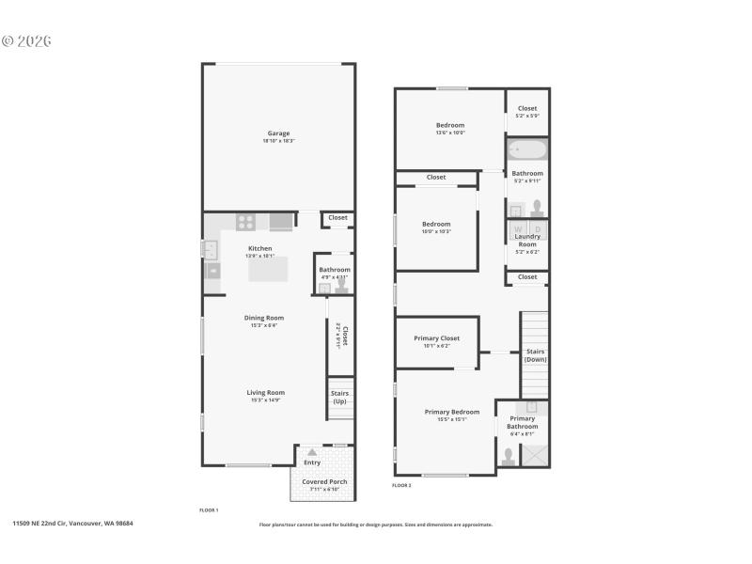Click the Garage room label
pyautogui.click(x=278, y=133)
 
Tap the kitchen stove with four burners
pyautogui.click(x=245, y=223)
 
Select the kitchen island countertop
pyautogui.click(x=269, y=270)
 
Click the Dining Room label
pyautogui.click(x=264, y=318)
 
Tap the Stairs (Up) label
pyautogui.click(x=339, y=397)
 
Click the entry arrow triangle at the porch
pyautogui.click(x=311, y=452)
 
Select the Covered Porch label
pyautogui.click(x=324, y=481)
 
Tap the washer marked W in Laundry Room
pyautogui.click(x=517, y=228)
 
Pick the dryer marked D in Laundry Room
pyautogui.click(x=538, y=228)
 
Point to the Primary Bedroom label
pyautogui.click(x=452, y=412)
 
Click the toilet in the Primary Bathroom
pyautogui.click(x=509, y=457)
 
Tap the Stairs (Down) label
pyautogui.click(x=535, y=355)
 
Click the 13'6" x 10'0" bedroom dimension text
pyautogui.click(x=450, y=133)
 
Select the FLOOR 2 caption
pyautogui.click(x=401, y=485)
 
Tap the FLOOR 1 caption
pyautogui.click(x=209, y=509)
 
